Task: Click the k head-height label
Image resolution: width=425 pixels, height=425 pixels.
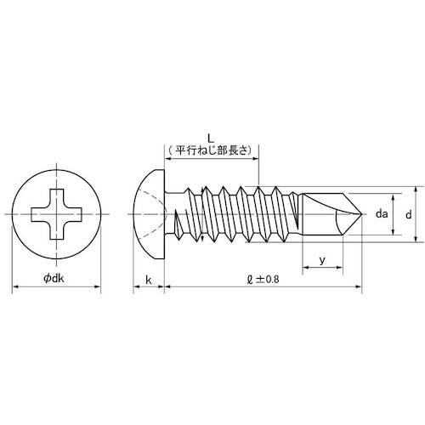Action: tap(149, 278)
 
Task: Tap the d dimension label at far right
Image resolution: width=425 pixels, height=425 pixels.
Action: tap(408, 216)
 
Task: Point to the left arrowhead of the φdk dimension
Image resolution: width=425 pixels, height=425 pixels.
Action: tap(14, 289)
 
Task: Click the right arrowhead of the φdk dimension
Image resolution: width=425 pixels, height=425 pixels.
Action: tap(99, 289)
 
